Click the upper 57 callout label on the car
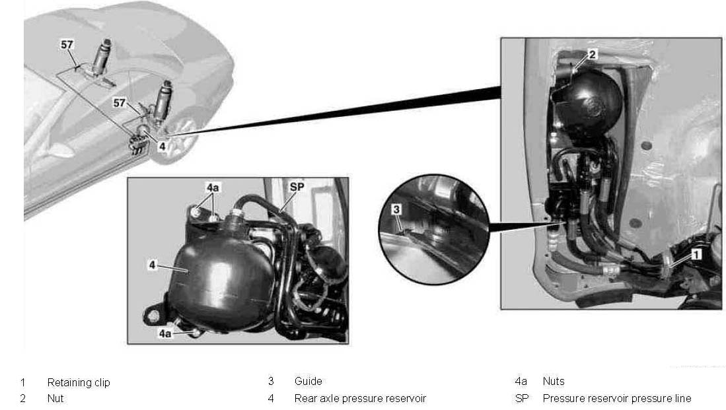coord(67,44)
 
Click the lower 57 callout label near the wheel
coord(120,103)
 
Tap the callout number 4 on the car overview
coord(162,146)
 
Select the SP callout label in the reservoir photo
coord(297,186)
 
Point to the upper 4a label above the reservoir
coord(213,188)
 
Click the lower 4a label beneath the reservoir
coord(165,333)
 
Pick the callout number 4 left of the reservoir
coord(153,265)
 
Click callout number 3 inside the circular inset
coord(396,210)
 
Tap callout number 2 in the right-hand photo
coord(592,54)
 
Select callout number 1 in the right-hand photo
coord(696,254)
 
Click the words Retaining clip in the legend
coord(79,383)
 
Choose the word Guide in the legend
coord(309,382)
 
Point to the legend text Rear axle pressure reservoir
coord(360,398)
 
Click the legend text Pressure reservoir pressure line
coord(617,398)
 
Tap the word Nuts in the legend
coord(554,382)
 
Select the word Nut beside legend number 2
coord(55,398)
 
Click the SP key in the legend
coord(522,398)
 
